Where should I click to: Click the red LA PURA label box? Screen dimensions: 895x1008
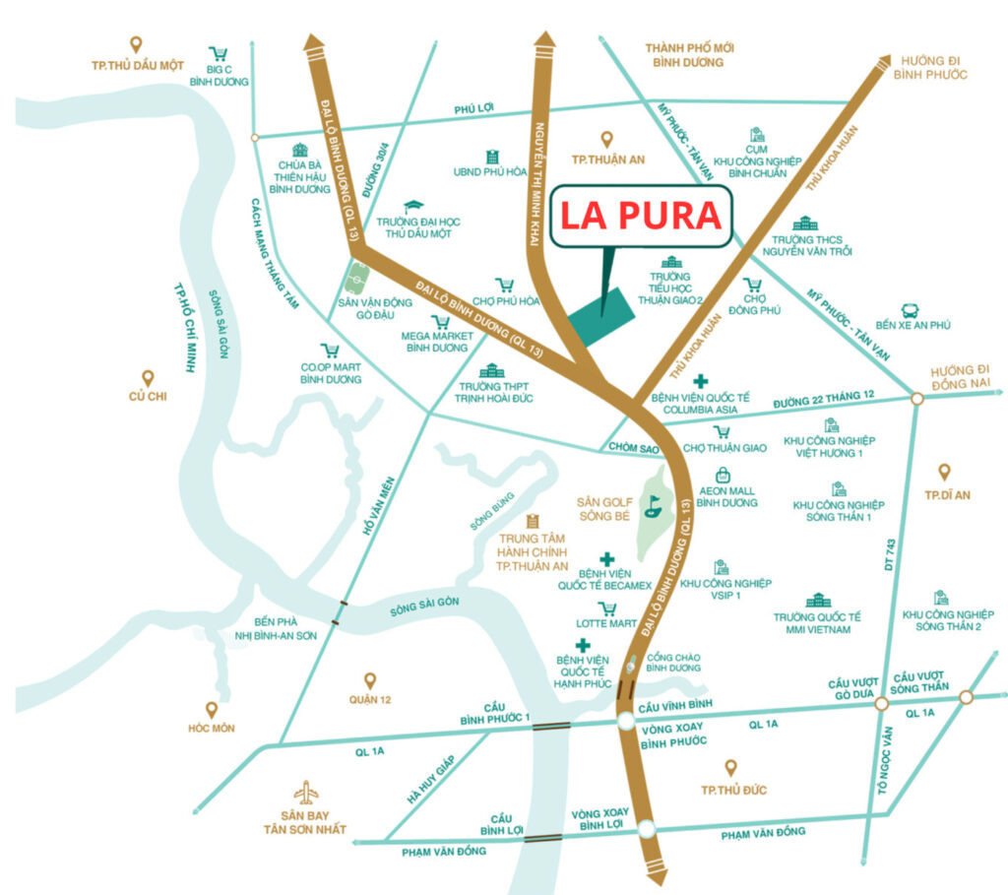tap(641, 217)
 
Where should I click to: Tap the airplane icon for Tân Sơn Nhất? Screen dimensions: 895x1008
tap(307, 792)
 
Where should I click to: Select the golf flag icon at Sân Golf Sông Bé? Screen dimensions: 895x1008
tap(651, 507)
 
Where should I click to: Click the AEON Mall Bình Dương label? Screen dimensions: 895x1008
tap(726, 495)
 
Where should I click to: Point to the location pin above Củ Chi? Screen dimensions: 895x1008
tap(148, 378)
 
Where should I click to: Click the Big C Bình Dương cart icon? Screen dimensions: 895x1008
tap(219, 55)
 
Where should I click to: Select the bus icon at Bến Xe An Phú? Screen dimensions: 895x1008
tap(911, 310)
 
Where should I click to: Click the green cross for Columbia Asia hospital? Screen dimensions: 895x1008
tap(700, 381)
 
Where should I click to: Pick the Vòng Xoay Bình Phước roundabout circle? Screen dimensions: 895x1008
tap(627, 723)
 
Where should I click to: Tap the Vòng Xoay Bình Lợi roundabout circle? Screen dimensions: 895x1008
tap(645, 830)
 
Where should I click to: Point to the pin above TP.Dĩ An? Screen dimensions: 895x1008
tap(946, 473)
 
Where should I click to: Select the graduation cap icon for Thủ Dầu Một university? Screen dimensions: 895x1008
tap(414, 206)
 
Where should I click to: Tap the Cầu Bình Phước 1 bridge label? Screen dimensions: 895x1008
tap(494, 713)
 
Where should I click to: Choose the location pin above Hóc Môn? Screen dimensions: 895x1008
tap(211, 709)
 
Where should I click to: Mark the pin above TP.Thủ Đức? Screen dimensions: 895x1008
tap(730, 767)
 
